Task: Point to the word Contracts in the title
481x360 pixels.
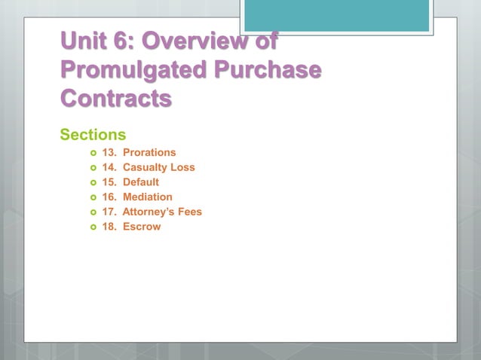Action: pos(115,99)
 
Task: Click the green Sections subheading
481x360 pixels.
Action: pos(93,136)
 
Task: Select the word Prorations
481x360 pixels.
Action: pos(149,152)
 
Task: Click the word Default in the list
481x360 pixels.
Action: pos(141,182)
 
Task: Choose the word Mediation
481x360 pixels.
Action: pos(148,197)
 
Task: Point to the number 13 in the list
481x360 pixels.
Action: pos(108,152)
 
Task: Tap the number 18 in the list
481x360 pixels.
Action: pos(108,227)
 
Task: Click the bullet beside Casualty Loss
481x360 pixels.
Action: pos(93,168)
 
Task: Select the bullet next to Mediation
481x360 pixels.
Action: pos(93,197)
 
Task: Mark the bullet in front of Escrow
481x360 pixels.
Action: pos(93,227)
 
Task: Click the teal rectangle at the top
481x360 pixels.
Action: pos(337,15)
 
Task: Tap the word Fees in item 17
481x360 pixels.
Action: pos(190,212)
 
